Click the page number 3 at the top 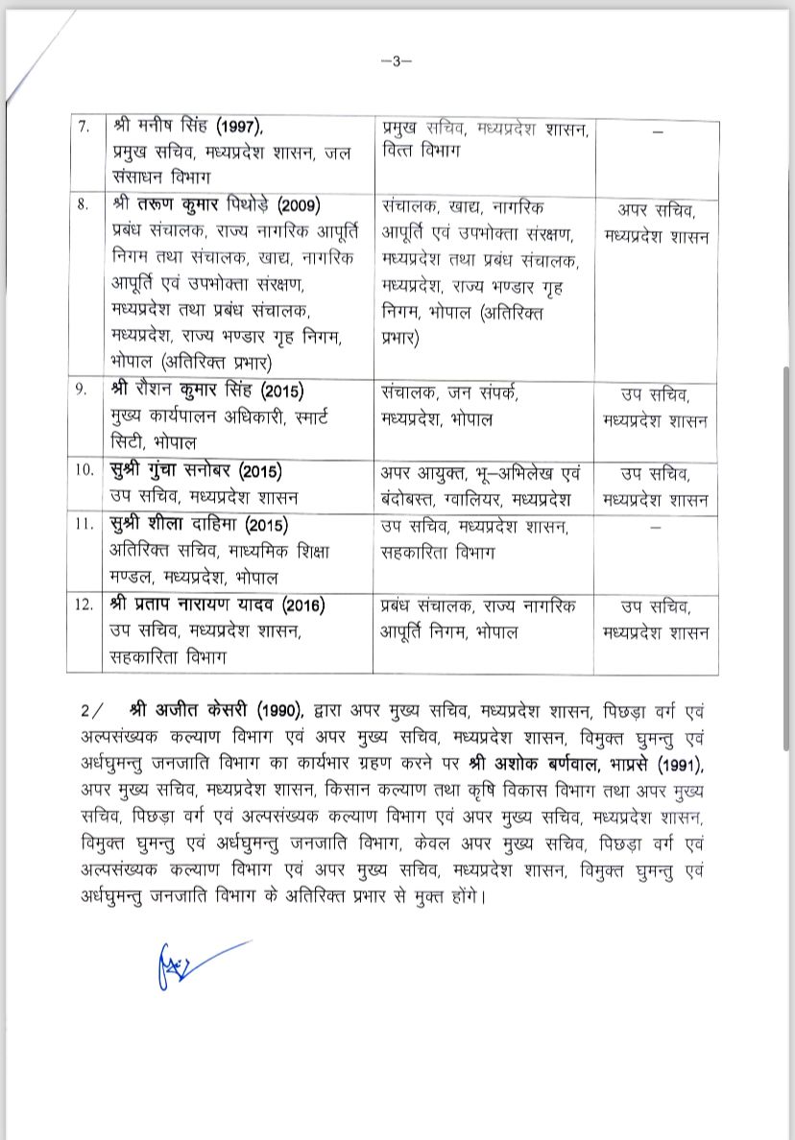[x=397, y=60]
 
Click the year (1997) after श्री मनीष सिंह [x=238, y=128]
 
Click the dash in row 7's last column [x=657, y=131]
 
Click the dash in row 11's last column [x=657, y=528]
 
